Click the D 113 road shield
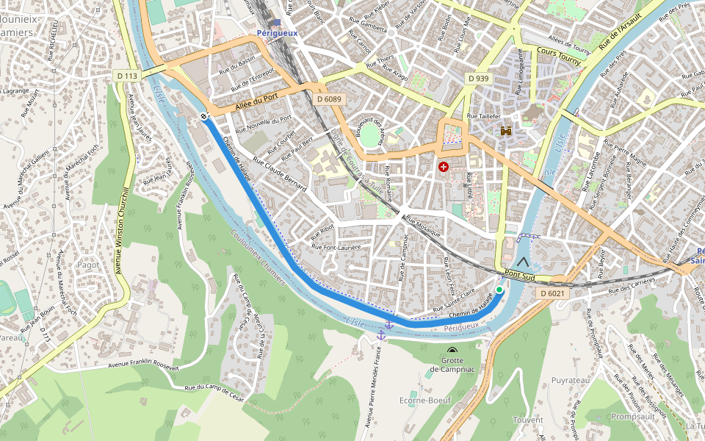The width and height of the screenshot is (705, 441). (127, 76)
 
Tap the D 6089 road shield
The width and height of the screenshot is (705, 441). (329, 98)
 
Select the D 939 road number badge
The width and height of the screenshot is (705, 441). (478, 79)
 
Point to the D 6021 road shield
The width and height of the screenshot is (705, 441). (552, 293)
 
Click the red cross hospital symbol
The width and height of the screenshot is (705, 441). (444, 168)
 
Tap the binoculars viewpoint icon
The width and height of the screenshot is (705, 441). (506, 131)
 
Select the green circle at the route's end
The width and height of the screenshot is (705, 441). (499, 290)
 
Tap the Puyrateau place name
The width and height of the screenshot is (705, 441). (571, 380)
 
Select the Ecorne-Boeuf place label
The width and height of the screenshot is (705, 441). (424, 401)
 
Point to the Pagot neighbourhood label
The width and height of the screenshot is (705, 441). (88, 265)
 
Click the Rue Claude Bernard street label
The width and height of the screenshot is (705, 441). (279, 174)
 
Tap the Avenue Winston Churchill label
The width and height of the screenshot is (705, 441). (124, 231)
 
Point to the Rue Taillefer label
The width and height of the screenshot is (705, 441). (483, 116)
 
